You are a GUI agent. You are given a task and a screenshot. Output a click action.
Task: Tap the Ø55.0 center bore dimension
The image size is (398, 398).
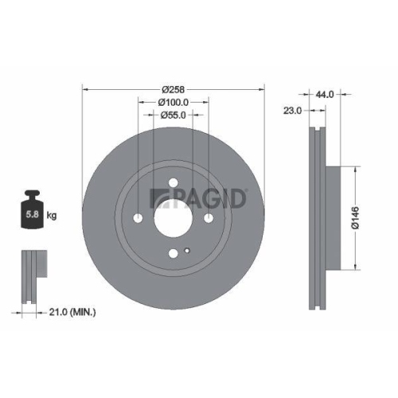coord(173,115)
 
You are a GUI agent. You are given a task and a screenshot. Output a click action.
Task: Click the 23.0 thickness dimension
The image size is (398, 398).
coord(293,111)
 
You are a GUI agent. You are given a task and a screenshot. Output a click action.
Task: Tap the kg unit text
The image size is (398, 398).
coord(52,216)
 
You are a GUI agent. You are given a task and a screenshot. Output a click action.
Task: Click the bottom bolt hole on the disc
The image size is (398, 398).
coord(173,254)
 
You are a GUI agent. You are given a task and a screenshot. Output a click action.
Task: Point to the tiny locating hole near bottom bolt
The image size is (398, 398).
coord(186,252)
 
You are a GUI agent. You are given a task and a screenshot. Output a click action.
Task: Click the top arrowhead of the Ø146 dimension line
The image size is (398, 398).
coord(353,170)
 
